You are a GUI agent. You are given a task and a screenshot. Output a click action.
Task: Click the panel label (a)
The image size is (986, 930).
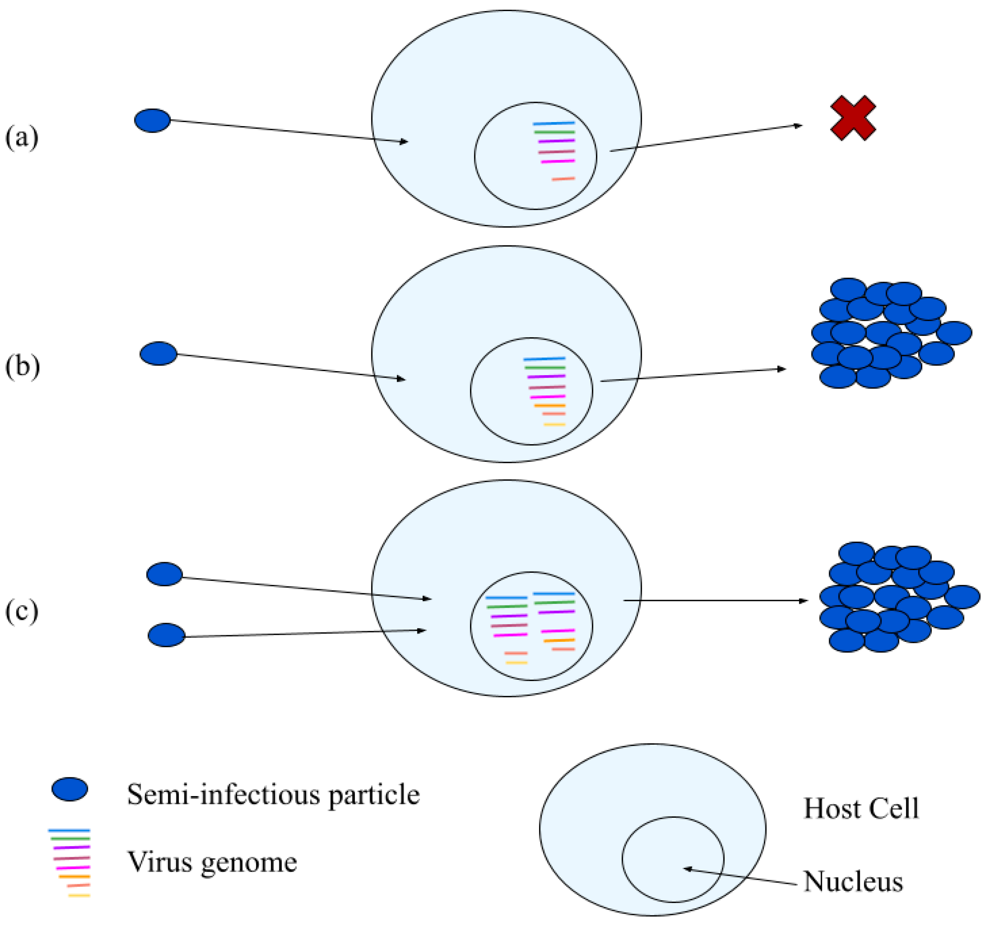click(x=21, y=137)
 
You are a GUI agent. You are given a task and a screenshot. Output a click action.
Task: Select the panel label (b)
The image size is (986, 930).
click(x=22, y=367)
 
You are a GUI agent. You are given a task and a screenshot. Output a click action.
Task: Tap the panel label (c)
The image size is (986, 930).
click(x=21, y=611)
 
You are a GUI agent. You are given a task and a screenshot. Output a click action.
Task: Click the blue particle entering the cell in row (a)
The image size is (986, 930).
click(x=152, y=120)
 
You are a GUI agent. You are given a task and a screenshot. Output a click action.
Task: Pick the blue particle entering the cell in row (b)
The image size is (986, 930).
click(x=158, y=354)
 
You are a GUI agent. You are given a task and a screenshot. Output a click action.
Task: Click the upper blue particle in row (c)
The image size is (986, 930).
click(x=164, y=574)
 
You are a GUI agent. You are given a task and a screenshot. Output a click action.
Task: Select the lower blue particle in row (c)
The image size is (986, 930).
click(x=166, y=635)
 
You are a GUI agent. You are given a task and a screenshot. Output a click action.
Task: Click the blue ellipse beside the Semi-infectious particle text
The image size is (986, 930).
click(x=70, y=789)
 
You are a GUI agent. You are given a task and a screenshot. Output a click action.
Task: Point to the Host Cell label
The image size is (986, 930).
click(x=861, y=808)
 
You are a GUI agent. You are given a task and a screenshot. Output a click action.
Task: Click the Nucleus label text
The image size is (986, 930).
click(x=853, y=882)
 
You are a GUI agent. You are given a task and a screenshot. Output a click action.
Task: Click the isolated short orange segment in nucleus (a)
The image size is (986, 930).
click(x=563, y=178)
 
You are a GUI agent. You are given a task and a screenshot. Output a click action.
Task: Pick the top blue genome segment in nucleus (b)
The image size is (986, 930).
click(x=544, y=358)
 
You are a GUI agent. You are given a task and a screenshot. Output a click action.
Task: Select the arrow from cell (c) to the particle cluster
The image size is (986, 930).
click(x=714, y=601)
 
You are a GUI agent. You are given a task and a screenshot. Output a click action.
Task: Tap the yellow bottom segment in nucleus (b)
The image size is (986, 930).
click(x=555, y=424)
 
